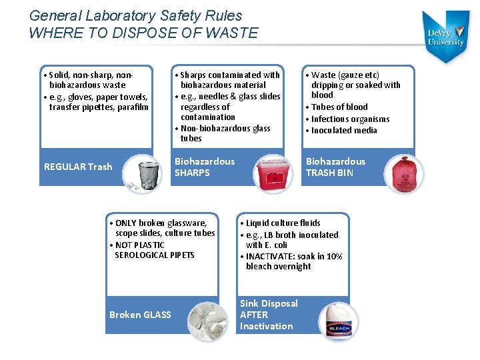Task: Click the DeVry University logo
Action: point(446,37)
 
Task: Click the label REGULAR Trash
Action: point(78,167)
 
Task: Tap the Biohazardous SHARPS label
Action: point(204,167)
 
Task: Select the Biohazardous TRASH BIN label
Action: point(335,167)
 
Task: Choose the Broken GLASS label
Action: point(140,315)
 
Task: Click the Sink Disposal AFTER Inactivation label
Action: point(268,315)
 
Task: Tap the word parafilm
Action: point(133,107)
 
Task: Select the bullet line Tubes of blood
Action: point(339,107)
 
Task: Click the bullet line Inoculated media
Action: point(344,130)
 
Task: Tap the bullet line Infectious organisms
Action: point(350,119)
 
